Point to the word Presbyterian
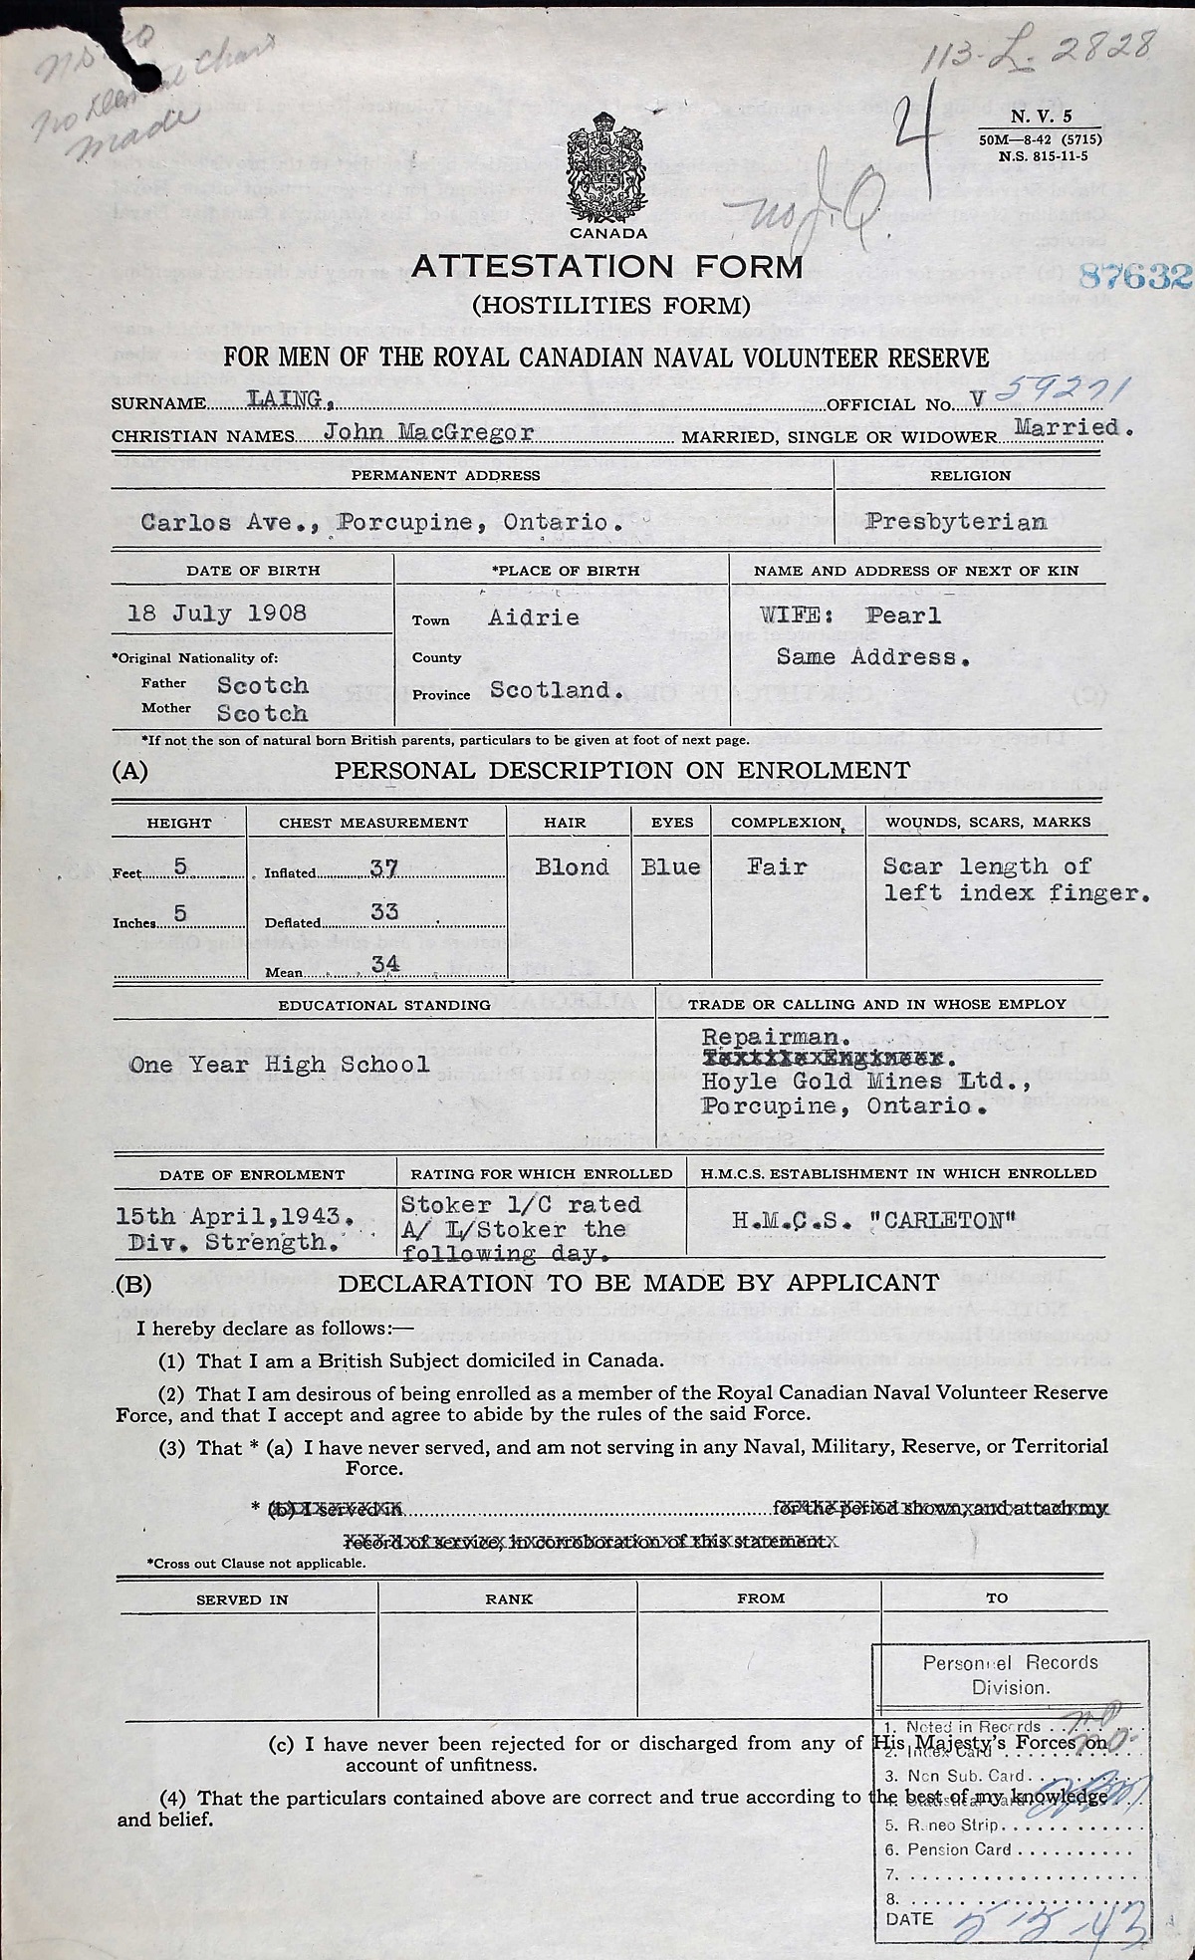[956, 521]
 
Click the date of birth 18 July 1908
[217, 612]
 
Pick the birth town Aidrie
[533, 616]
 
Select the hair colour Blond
[571, 866]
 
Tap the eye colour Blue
[670, 866]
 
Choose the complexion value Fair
[777, 866]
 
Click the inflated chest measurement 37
[383, 868]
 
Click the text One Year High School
[280, 1065]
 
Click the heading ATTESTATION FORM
[606, 266]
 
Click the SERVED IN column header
[242, 1598]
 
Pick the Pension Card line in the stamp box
[958, 1849]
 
